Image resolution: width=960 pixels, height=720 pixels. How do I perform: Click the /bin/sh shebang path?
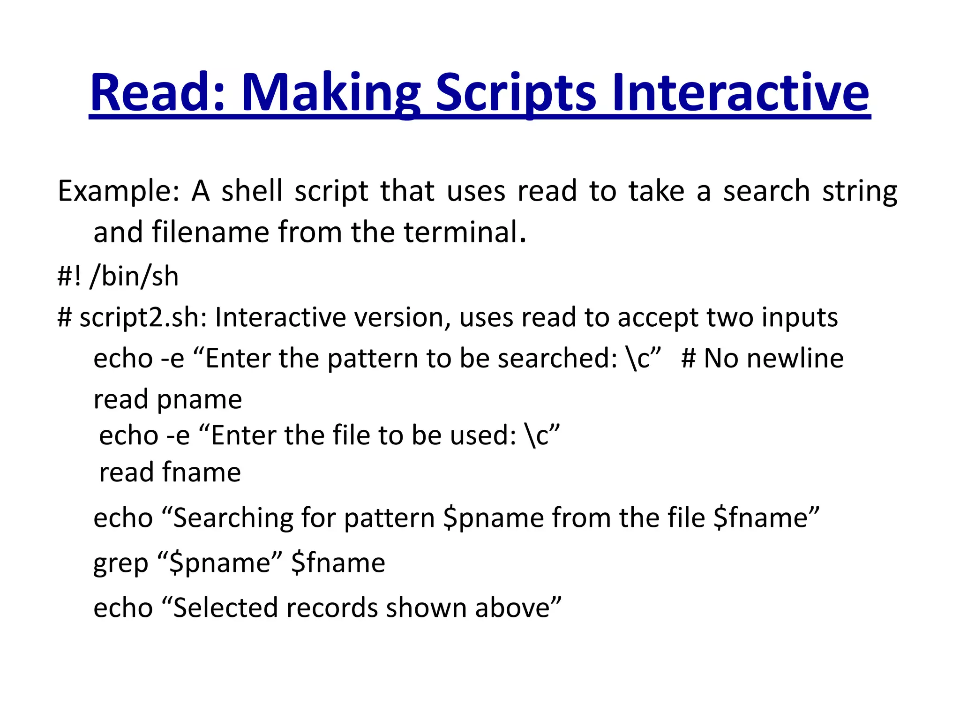(134, 276)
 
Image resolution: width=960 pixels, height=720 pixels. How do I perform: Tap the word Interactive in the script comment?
(282, 317)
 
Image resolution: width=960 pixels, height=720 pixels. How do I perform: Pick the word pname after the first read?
(199, 400)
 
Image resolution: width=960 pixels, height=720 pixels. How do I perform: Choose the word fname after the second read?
(202, 472)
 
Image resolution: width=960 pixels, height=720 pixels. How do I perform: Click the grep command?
(120, 563)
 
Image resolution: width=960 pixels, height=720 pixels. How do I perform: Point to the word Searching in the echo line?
(233, 518)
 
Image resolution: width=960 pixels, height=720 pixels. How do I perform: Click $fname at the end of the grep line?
(338, 562)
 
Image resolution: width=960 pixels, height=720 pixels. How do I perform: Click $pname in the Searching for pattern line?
(492, 518)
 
